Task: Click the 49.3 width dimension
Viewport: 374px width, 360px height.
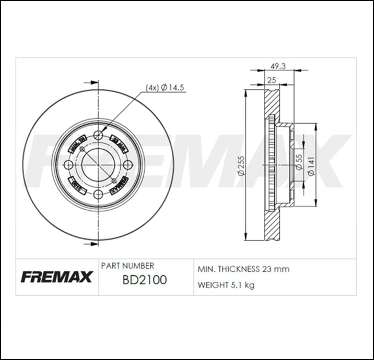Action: coord(277,66)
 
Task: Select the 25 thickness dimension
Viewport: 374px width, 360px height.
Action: coord(272,79)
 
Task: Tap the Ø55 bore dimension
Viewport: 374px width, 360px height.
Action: coord(299,162)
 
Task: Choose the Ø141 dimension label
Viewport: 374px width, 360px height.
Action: coord(311,166)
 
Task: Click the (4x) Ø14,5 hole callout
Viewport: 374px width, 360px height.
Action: coord(165,88)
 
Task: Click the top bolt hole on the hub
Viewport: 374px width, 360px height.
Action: coord(99,136)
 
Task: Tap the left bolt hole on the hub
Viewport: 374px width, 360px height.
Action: coord(68,165)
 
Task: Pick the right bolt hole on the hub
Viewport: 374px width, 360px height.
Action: coord(128,165)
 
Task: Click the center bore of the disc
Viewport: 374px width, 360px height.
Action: coord(99,165)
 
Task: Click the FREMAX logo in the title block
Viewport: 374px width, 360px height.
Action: coord(56,277)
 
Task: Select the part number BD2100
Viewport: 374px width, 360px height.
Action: coord(144,280)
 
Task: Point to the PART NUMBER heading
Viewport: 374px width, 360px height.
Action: coord(127,266)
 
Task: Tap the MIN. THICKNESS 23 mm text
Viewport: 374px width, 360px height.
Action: coord(243,269)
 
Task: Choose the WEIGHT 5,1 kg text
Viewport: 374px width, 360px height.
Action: coord(226,285)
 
